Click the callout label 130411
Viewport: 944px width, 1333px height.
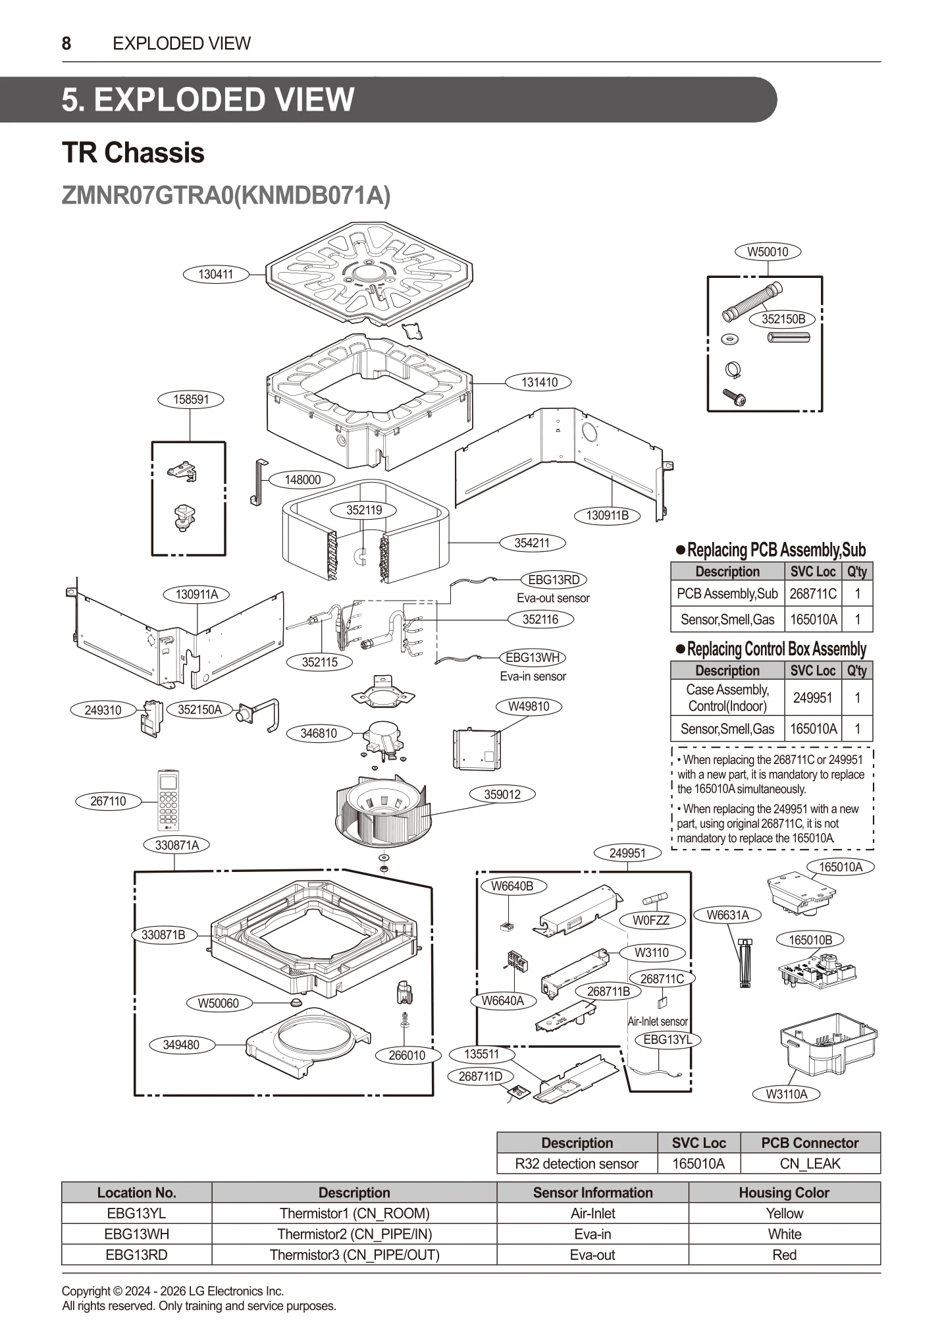click(x=216, y=275)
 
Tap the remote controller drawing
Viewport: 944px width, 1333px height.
click(x=169, y=800)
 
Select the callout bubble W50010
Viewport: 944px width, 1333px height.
click(x=768, y=252)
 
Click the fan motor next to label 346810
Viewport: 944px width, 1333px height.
click(x=386, y=737)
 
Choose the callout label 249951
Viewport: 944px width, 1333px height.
click(x=627, y=853)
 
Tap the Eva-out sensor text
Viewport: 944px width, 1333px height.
click(x=553, y=598)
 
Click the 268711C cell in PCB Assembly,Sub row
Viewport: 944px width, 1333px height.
click(x=813, y=593)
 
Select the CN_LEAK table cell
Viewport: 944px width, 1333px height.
click(x=810, y=1164)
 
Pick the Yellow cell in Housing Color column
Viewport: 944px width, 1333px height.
click(x=784, y=1213)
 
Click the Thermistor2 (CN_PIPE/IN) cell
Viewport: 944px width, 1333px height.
click(x=354, y=1234)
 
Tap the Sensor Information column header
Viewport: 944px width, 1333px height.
click(x=592, y=1193)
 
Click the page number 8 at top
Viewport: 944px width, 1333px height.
click(x=66, y=43)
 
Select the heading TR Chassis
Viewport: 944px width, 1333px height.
click(x=133, y=153)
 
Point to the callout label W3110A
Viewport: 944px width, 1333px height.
click(x=786, y=1094)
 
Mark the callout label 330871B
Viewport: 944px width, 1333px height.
click(x=163, y=935)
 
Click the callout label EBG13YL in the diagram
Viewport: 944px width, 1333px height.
click(x=668, y=1039)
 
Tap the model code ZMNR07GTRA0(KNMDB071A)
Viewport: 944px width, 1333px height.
click(x=226, y=196)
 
